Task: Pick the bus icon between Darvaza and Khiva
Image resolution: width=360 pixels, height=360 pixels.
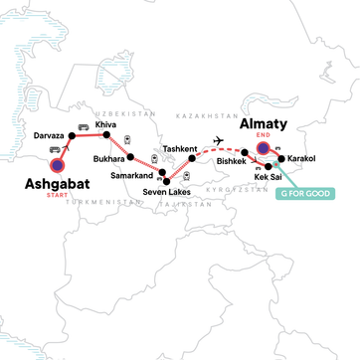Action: (x=84, y=126)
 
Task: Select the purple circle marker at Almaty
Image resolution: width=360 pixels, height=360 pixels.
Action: (x=264, y=150)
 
